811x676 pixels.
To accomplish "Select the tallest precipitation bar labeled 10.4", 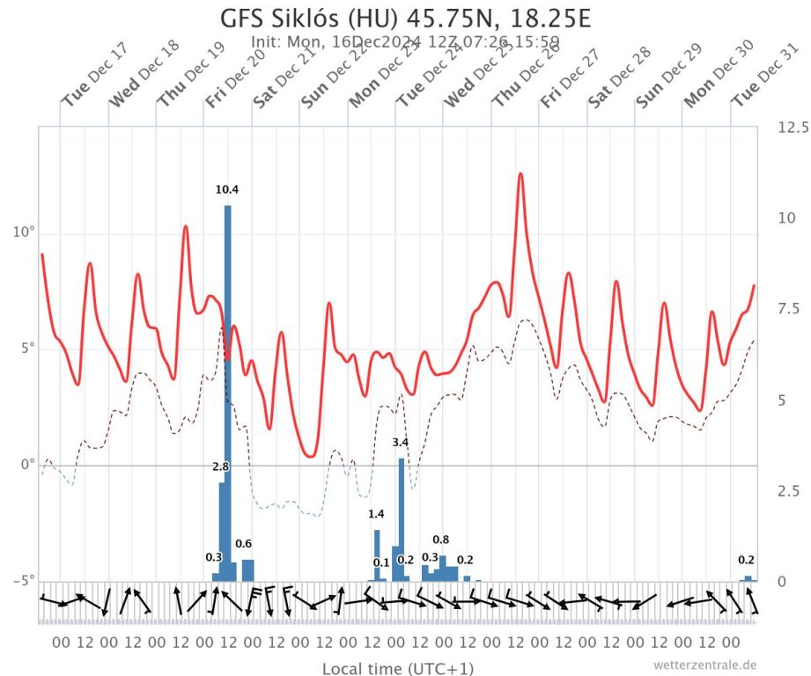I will click(x=227, y=387).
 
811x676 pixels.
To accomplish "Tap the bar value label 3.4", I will click(x=400, y=442).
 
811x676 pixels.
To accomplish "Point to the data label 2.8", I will click(x=221, y=467).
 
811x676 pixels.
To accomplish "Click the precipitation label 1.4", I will click(x=376, y=514).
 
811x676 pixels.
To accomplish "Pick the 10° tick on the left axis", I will click(x=24, y=233).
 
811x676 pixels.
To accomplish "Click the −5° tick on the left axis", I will click(x=22, y=580).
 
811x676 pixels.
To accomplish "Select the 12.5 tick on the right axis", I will click(x=793, y=128).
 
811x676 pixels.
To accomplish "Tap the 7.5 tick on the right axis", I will click(x=786, y=308).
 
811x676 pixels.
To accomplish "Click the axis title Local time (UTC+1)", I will click(x=398, y=669).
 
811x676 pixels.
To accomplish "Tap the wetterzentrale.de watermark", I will click(x=704, y=665).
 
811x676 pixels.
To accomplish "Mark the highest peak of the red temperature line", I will click(x=520, y=173).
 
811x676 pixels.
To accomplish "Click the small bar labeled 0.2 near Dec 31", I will click(x=748, y=578).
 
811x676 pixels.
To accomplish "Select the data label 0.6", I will click(x=243, y=543).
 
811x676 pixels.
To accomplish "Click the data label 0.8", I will click(x=441, y=540).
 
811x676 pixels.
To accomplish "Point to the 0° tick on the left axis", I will click(x=26, y=465).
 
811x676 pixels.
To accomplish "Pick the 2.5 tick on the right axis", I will click(x=786, y=490).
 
